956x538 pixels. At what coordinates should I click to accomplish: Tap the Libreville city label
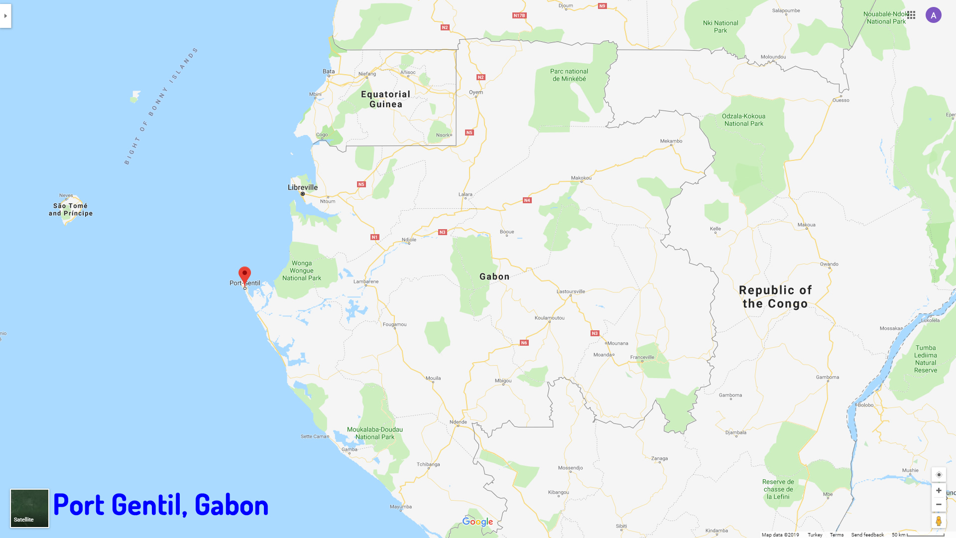[x=303, y=187]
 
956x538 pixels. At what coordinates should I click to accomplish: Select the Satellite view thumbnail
[x=30, y=508]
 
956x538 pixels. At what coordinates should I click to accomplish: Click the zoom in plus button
[x=939, y=491]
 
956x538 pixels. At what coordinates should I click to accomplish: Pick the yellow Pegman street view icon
[x=939, y=521]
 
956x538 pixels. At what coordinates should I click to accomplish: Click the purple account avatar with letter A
[x=934, y=15]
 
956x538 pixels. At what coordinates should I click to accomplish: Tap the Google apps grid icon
[x=911, y=15]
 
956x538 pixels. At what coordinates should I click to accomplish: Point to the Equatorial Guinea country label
[x=386, y=99]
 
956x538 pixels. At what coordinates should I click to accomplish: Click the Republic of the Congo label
[x=775, y=297]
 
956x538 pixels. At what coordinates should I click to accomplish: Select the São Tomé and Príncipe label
[x=71, y=209]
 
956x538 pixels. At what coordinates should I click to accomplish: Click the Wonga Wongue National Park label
[x=302, y=270]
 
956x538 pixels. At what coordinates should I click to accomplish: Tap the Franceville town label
[x=642, y=357]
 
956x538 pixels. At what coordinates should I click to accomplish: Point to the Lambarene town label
[x=366, y=281]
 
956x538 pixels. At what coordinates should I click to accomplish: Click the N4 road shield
[x=527, y=200]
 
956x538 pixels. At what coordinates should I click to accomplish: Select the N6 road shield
[x=524, y=343]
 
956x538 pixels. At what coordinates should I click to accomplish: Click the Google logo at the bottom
[x=478, y=522]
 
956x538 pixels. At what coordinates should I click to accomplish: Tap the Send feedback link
[x=867, y=535]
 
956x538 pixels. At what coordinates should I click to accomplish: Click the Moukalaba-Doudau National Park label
[x=375, y=433]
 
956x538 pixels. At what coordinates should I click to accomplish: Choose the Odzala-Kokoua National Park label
[x=744, y=120]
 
